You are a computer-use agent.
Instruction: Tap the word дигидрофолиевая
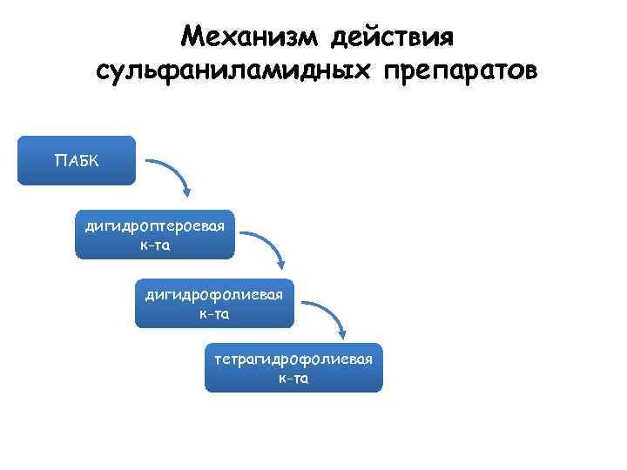(x=214, y=295)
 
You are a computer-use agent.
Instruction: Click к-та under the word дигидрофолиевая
(x=214, y=313)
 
